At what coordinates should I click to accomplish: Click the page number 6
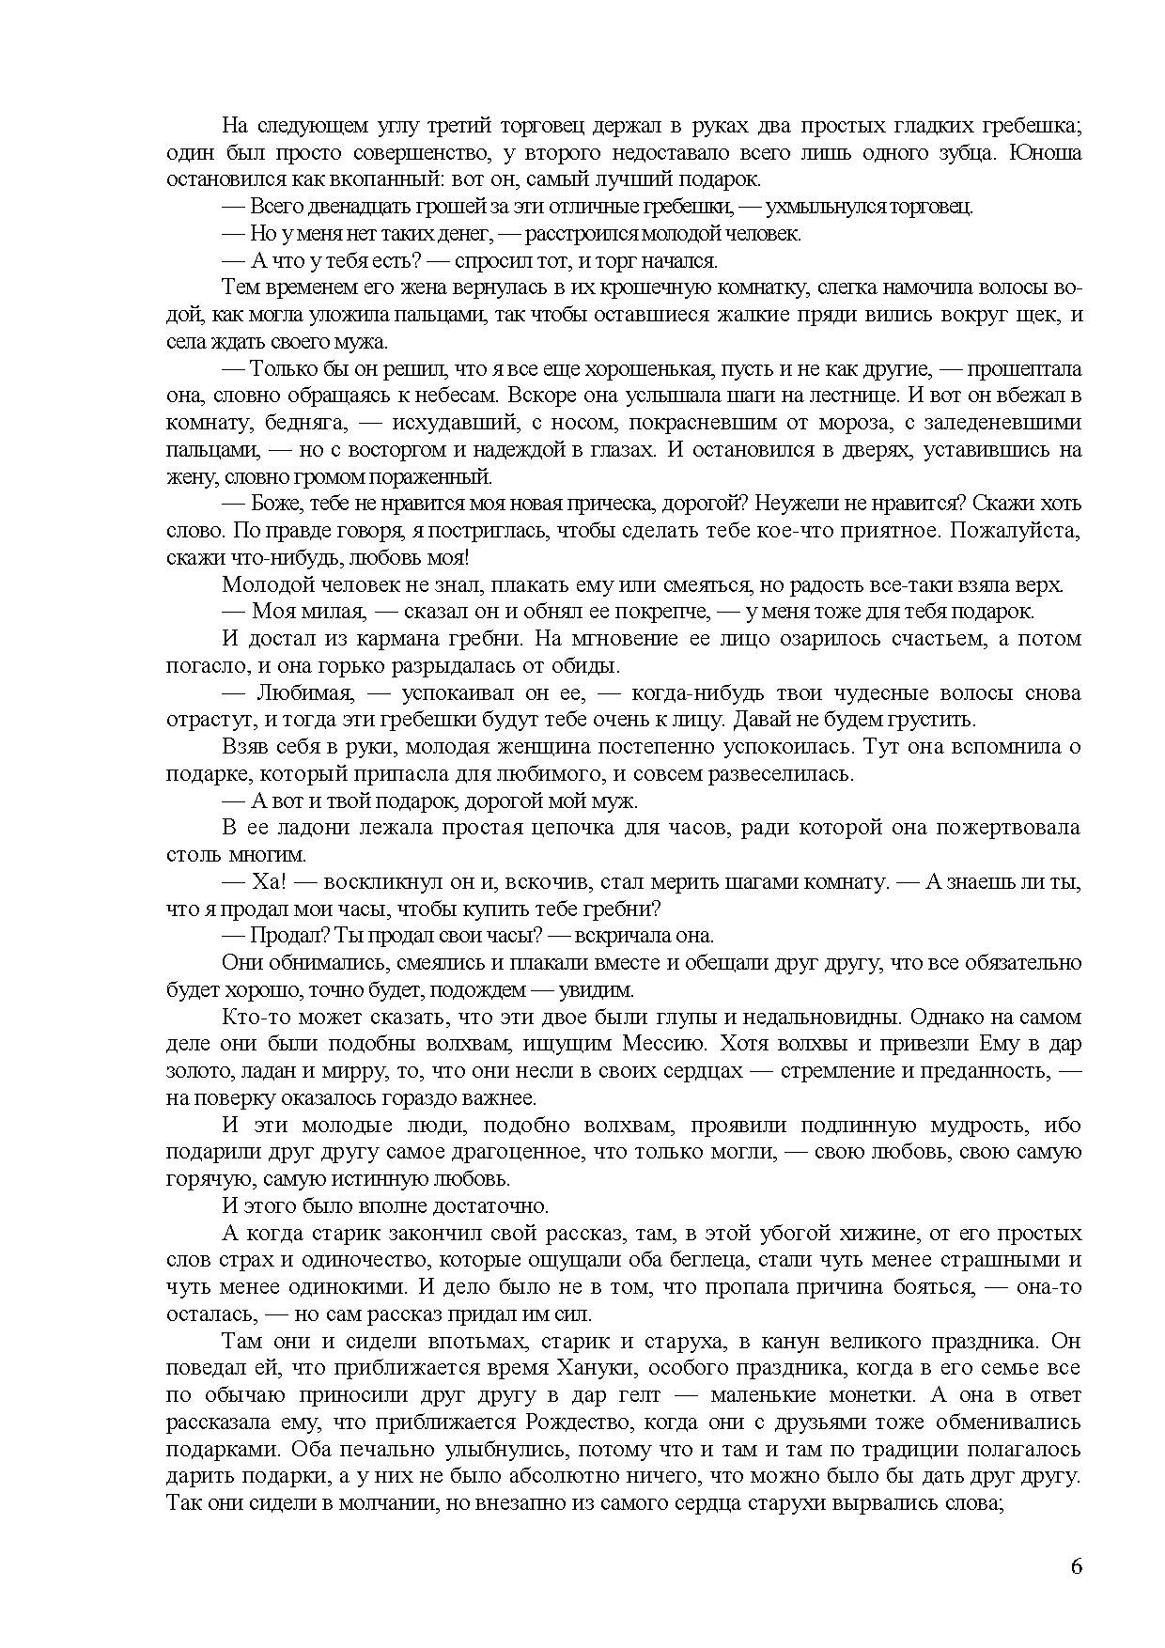tap(1076, 1566)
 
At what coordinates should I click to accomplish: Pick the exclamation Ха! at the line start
tap(264, 882)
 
